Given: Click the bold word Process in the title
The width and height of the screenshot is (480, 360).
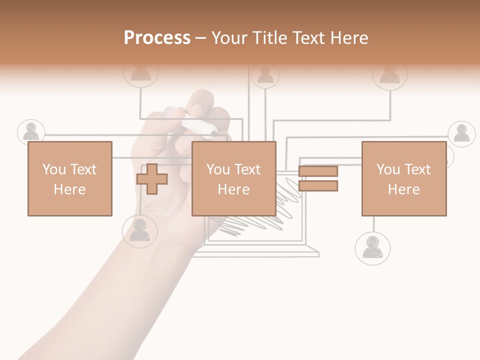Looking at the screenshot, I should [157, 38].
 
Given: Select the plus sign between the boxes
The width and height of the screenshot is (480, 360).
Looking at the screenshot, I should [152, 179].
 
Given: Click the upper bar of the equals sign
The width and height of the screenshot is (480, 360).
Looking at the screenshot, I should [318, 171].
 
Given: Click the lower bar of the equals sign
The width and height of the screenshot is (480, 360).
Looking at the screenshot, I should [318, 186].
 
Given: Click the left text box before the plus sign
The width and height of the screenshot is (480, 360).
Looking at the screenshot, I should [69, 179].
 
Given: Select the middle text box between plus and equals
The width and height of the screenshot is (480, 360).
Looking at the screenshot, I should [234, 179].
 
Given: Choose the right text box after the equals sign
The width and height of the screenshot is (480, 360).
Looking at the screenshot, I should [404, 179].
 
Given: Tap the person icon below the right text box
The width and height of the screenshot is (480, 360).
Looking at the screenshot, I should [372, 247].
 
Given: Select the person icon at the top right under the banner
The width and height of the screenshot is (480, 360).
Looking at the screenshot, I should [389, 74].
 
